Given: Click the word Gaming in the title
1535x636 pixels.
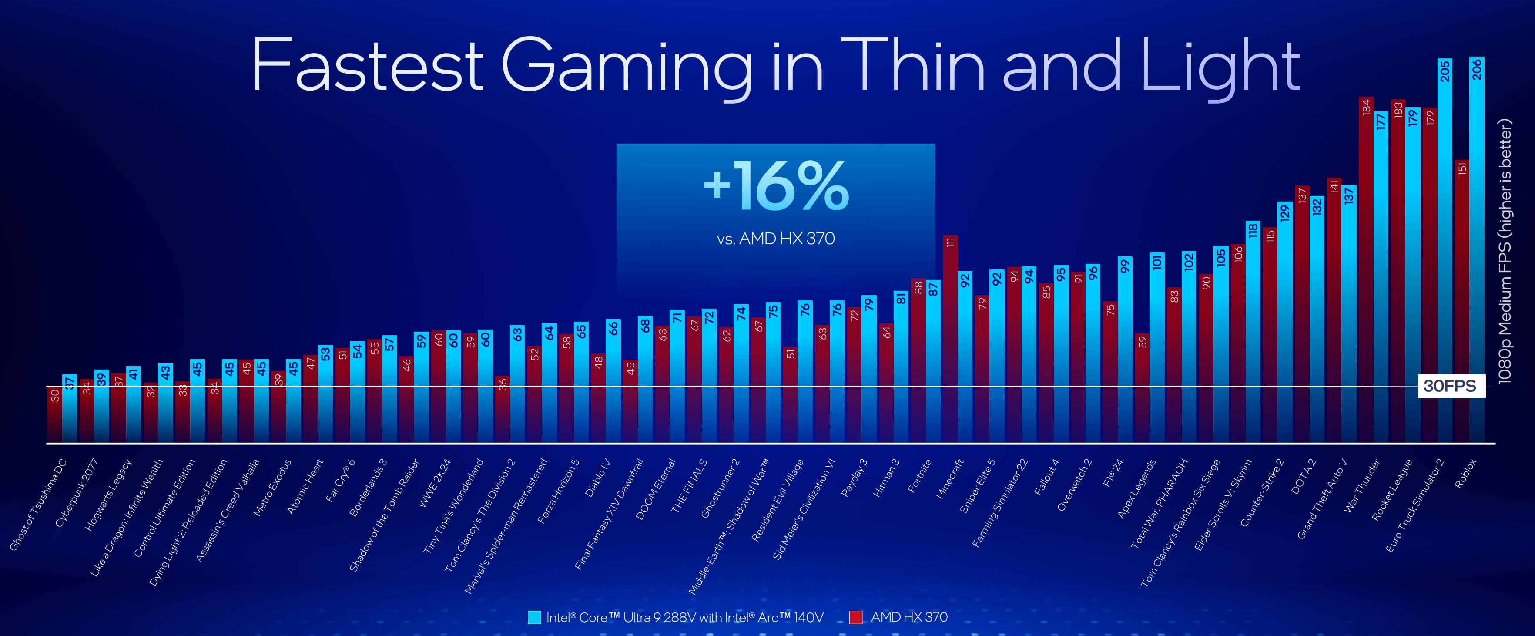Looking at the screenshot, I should (x=627, y=66).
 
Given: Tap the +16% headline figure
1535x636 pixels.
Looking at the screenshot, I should (x=776, y=186).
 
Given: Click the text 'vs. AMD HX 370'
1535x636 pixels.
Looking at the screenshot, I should (x=775, y=239).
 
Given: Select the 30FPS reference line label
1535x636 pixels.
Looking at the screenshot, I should (x=1449, y=386).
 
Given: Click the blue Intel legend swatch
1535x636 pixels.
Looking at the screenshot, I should (x=534, y=617).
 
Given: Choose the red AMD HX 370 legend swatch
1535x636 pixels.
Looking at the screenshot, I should (x=856, y=617).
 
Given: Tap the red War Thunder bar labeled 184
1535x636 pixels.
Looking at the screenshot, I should (x=1366, y=268).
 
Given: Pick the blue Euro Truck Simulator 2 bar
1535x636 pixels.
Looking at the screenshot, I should (x=1445, y=250).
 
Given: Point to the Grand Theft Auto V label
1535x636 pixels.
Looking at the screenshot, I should (x=1322, y=498).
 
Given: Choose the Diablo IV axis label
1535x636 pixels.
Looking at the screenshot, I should (x=598, y=477).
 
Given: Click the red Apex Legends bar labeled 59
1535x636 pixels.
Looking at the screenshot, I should (x=1142, y=387).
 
